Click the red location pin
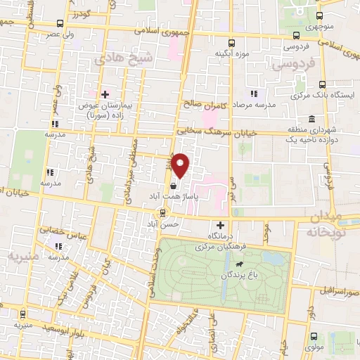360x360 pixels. (x=181, y=166)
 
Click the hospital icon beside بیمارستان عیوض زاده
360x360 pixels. (x=105, y=94)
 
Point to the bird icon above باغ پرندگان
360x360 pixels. (x=239, y=265)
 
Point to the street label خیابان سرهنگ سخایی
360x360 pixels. (x=211, y=129)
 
